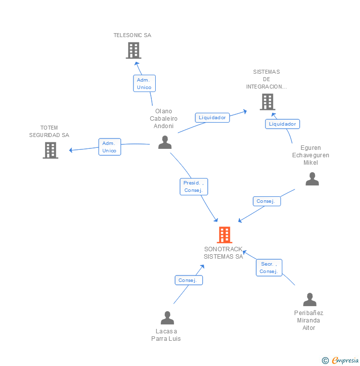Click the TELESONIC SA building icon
[134, 50]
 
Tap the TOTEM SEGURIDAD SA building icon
[50, 150]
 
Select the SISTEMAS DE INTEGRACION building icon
[268, 102]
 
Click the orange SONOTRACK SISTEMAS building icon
[224, 235]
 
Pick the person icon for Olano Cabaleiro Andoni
[165, 142]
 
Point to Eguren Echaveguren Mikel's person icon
[312, 179]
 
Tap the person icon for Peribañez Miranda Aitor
[310, 300]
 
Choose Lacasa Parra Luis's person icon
[168, 318]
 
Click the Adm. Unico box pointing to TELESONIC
[144, 83]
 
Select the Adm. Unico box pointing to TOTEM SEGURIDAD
[110, 147]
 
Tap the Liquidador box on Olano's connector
[212, 118]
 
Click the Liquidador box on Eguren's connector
[282, 124]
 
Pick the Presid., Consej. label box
[193, 186]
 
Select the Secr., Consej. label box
[269, 268]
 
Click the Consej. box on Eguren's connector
[267, 201]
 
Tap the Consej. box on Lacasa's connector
[188, 280]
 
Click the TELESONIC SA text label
[133, 36]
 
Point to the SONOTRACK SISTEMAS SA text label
[224, 253]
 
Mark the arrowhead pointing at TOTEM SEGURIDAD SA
[71, 150]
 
